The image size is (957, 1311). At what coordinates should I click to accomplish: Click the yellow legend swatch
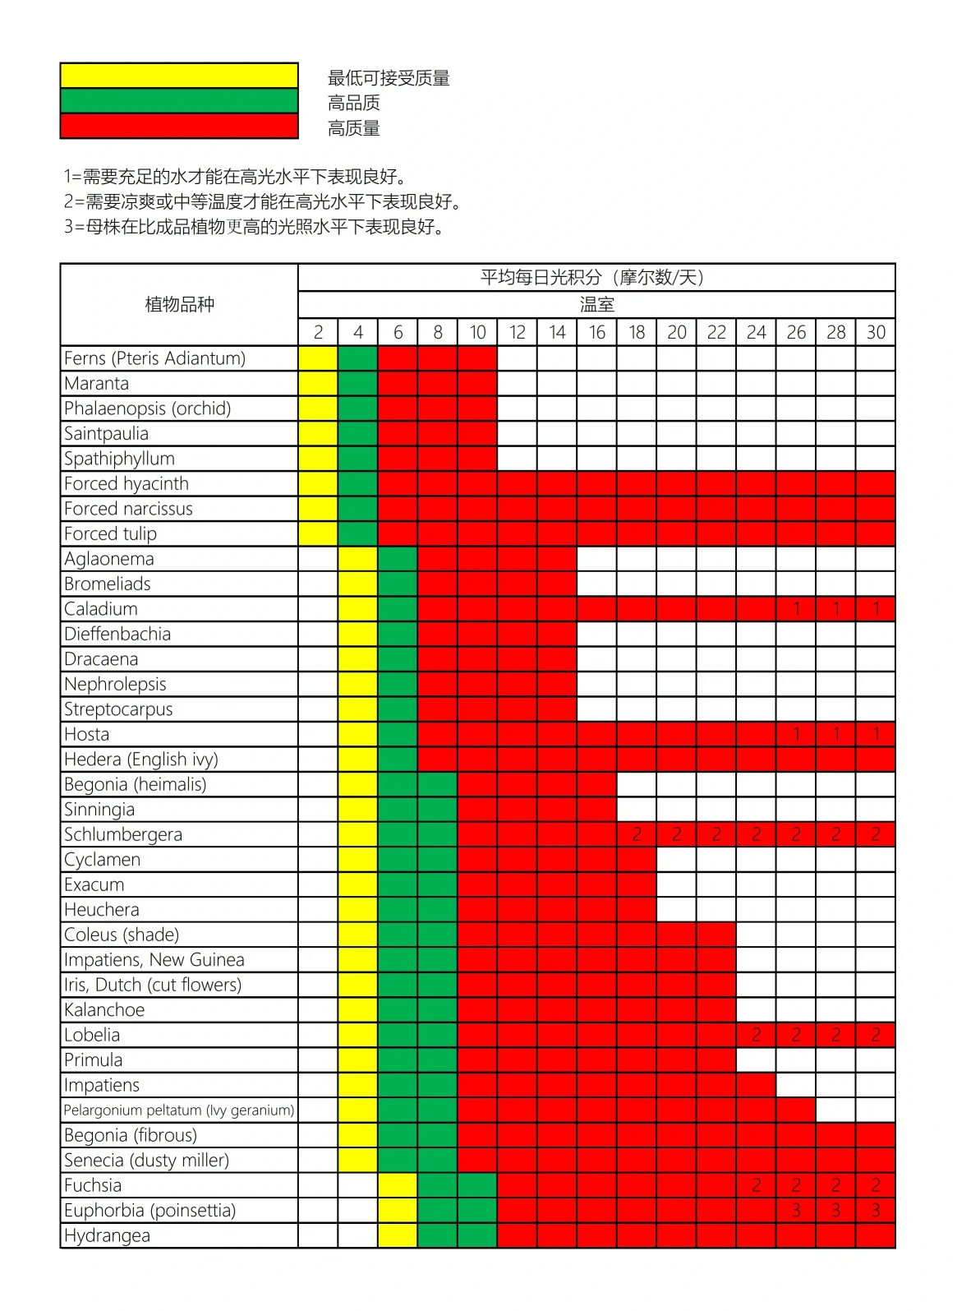click(x=179, y=75)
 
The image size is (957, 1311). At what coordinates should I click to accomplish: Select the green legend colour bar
click(x=179, y=100)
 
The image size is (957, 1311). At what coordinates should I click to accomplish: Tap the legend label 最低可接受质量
click(x=389, y=78)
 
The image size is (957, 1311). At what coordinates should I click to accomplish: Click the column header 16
click(x=596, y=332)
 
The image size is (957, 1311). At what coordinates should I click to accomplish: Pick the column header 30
click(x=876, y=332)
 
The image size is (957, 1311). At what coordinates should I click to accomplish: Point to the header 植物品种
click(x=179, y=304)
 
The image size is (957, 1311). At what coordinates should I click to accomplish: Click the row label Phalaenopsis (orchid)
click(x=148, y=409)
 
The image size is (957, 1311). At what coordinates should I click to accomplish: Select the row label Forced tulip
click(x=111, y=533)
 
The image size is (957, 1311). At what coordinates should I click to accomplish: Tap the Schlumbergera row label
click(x=123, y=834)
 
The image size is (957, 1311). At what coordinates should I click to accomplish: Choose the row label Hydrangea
click(x=108, y=1235)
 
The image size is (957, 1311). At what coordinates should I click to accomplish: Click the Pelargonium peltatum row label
click(x=179, y=1110)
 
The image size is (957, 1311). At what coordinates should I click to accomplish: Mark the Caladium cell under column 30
click(x=876, y=609)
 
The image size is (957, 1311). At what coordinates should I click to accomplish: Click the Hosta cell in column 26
click(x=796, y=734)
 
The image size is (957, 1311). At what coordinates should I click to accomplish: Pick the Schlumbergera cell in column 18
click(x=637, y=834)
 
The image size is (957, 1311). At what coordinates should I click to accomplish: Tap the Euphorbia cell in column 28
click(x=835, y=1211)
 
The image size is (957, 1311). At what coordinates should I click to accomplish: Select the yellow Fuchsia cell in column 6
click(x=398, y=1185)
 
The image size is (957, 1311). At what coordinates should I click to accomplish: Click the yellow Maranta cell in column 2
click(x=318, y=383)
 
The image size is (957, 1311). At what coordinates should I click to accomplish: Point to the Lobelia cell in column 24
click(x=756, y=1035)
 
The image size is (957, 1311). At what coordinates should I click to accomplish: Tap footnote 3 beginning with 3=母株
click(x=255, y=227)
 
